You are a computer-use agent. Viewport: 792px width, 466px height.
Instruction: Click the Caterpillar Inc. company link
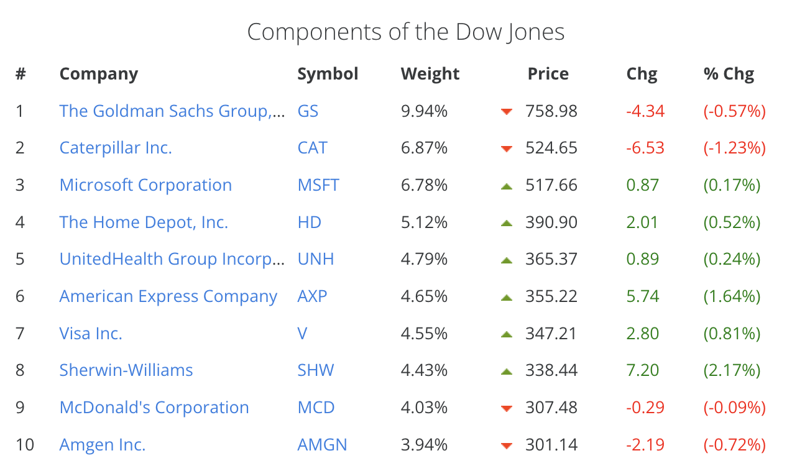[116, 148]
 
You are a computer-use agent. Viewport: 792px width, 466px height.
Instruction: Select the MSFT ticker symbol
[318, 185]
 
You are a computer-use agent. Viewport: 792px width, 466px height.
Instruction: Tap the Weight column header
[430, 74]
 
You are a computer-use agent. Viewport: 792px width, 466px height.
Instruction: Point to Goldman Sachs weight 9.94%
[424, 111]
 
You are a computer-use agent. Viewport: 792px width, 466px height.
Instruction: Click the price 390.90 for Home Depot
[551, 222]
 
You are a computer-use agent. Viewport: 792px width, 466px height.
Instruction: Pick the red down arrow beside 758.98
[507, 112]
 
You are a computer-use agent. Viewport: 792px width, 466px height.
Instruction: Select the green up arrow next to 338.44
[507, 372]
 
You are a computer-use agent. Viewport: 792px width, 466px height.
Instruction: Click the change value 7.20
[642, 370]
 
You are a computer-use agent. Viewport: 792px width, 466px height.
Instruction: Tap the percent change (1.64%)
[732, 296]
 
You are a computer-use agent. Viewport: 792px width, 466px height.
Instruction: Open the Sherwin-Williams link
[126, 370]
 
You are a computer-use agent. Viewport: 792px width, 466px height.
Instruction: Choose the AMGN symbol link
[322, 445]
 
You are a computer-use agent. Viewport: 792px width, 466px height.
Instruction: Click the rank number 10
[25, 445]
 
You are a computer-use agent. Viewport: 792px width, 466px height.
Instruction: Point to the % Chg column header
[729, 74]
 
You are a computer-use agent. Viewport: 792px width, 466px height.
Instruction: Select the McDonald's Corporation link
[154, 408]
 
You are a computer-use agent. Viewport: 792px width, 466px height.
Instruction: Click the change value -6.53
[645, 148]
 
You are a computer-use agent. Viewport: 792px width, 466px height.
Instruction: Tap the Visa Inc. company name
[91, 334]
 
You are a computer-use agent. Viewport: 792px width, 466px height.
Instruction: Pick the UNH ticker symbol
[316, 259]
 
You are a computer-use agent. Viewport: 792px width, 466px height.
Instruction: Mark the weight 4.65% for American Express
[424, 296]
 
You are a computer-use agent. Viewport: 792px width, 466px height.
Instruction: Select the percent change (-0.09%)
[734, 408]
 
